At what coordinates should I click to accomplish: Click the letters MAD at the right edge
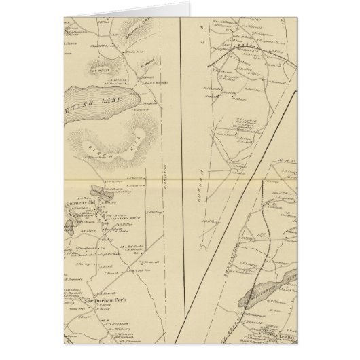point(285,162)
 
